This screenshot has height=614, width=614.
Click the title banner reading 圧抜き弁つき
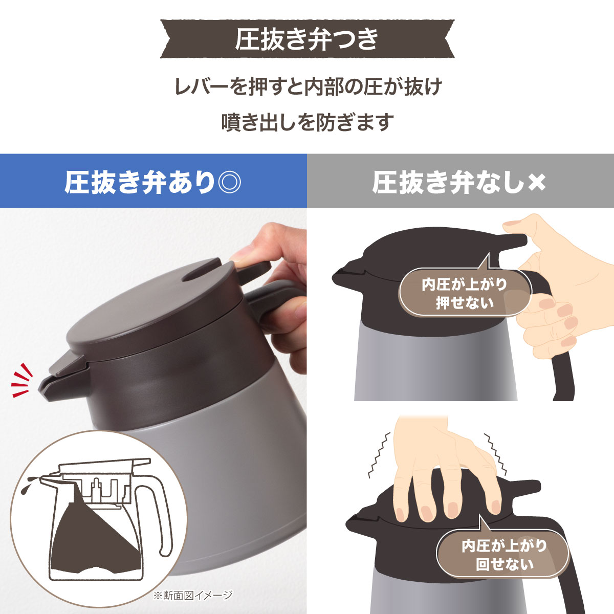[x=307, y=39]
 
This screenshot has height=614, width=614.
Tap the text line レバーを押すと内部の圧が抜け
[x=307, y=86]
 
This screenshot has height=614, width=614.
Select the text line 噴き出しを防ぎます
[x=307, y=122]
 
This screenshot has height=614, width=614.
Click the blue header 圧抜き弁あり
[x=138, y=182]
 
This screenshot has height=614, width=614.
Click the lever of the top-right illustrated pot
[x=512, y=241]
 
